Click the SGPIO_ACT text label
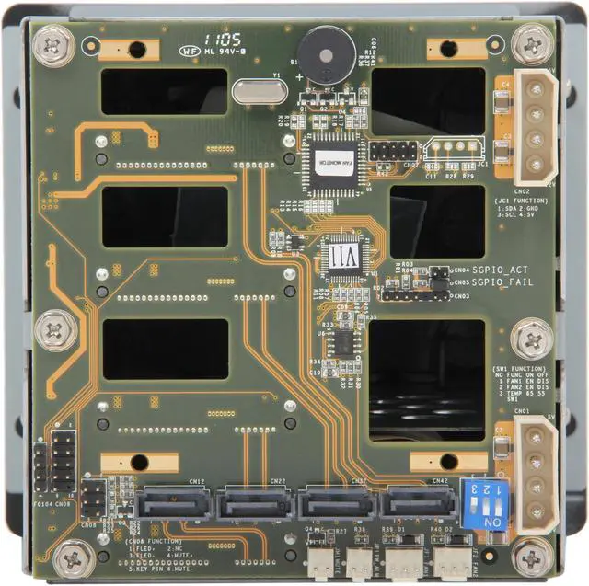pyautogui.click(x=501, y=270)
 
